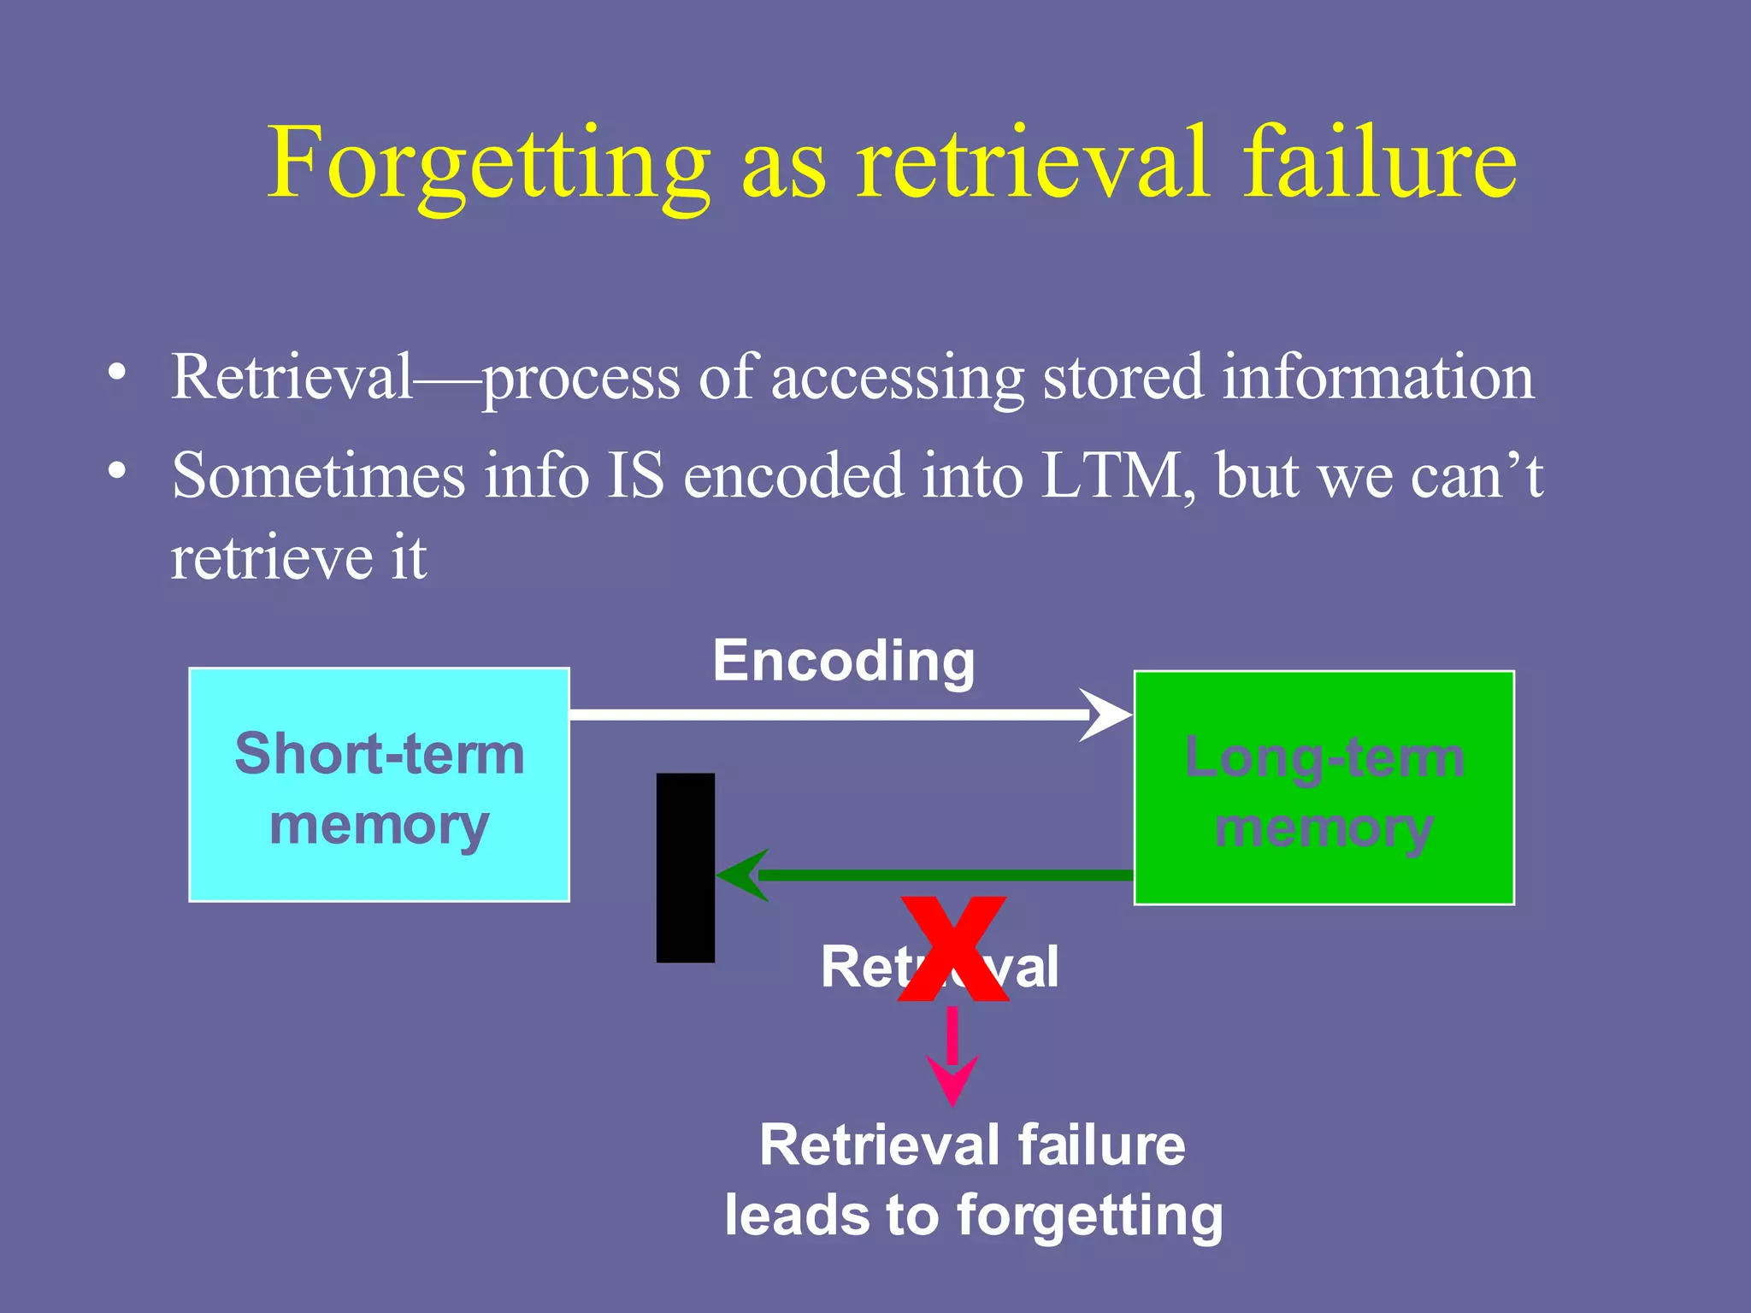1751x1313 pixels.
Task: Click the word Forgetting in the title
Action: [x=488, y=164]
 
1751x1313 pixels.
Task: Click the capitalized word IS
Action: [x=635, y=475]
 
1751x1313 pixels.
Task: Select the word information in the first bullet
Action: [x=1377, y=376]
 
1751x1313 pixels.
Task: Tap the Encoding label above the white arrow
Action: [x=844, y=661]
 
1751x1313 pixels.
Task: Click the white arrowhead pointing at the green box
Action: [x=1106, y=715]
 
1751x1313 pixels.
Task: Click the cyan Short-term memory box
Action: [x=379, y=785]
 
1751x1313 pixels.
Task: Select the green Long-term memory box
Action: [x=1324, y=787]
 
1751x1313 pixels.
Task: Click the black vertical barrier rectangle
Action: [x=685, y=868]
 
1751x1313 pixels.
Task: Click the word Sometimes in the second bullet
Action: [x=318, y=475]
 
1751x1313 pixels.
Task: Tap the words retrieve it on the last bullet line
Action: [x=298, y=558]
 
